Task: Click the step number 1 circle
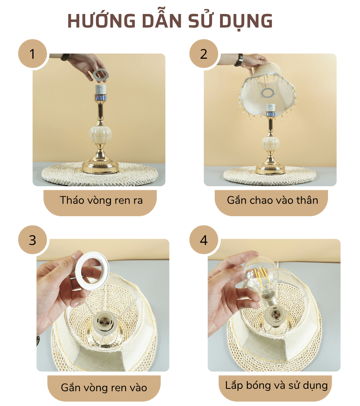coord(32,54)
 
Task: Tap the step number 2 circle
coord(204,54)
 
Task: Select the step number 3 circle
coord(32,240)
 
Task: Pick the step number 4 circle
coord(204,240)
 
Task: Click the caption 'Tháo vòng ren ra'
coord(100,200)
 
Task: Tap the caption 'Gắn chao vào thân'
coord(272,200)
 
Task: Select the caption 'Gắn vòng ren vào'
coord(104,387)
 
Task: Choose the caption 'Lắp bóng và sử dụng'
coord(276,386)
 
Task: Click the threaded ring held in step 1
coord(100,75)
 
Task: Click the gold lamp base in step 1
coord(100,166)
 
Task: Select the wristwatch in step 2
coord(239,60)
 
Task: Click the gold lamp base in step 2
coord(271,168)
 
